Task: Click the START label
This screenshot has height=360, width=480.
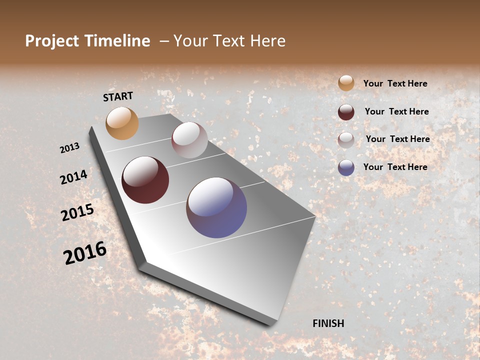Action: [x=118, y=96]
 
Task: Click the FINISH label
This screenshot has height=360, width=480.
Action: [x=328, y=323]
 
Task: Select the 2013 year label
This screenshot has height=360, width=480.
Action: [x=70, y=147]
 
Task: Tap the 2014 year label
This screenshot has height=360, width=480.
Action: [x=73, y=177]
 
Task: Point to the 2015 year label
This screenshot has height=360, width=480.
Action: [x=77, y=212]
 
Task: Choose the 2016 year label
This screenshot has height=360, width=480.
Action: [x=85, y=253]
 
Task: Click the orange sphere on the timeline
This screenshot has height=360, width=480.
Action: [x=122, y=123]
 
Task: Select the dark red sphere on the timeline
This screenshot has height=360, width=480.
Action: [x=145, y=180]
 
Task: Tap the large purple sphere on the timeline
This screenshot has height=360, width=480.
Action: [x=216, y=207]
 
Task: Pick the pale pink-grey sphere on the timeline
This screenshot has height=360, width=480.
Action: [x=189, y=140]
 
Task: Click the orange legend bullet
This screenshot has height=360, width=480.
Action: [x=346, y=83]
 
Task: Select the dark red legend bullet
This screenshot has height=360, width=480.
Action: [x=346, y=112]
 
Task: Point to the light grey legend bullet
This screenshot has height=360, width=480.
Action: [x=346, y=140]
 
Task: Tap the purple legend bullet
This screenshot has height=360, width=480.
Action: [x=346, y=167]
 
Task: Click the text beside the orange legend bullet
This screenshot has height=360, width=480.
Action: [x=395, y=84]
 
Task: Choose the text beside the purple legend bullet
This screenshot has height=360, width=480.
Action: [x=395, y=167]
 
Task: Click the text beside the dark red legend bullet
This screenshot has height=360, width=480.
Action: [x=396, y=111]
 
